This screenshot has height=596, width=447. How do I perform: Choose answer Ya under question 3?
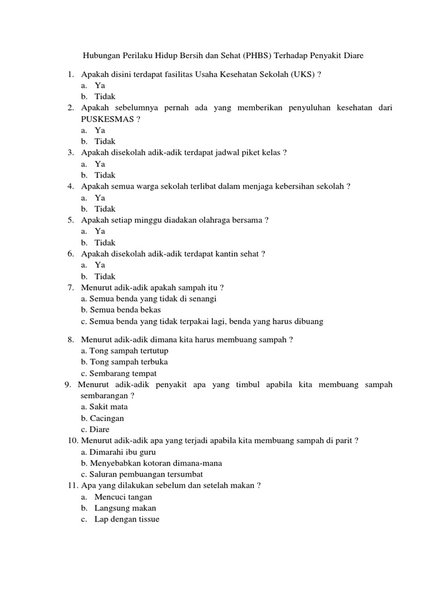(100, 164)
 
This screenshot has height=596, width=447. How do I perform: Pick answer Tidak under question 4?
(105, 208)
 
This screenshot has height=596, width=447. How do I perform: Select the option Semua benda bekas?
(121, 310)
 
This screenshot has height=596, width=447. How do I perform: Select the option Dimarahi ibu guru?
(119, 452)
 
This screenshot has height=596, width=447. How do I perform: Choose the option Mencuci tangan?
(123, 496)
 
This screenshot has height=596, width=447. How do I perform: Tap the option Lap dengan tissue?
(126, 519)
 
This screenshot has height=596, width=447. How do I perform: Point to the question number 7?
(70, 288)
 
